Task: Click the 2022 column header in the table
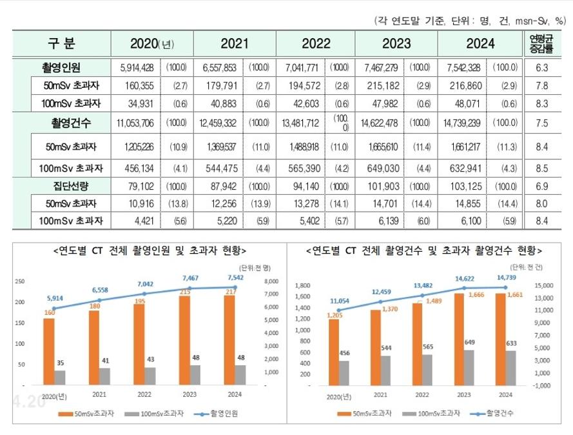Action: tap(315, 44)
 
